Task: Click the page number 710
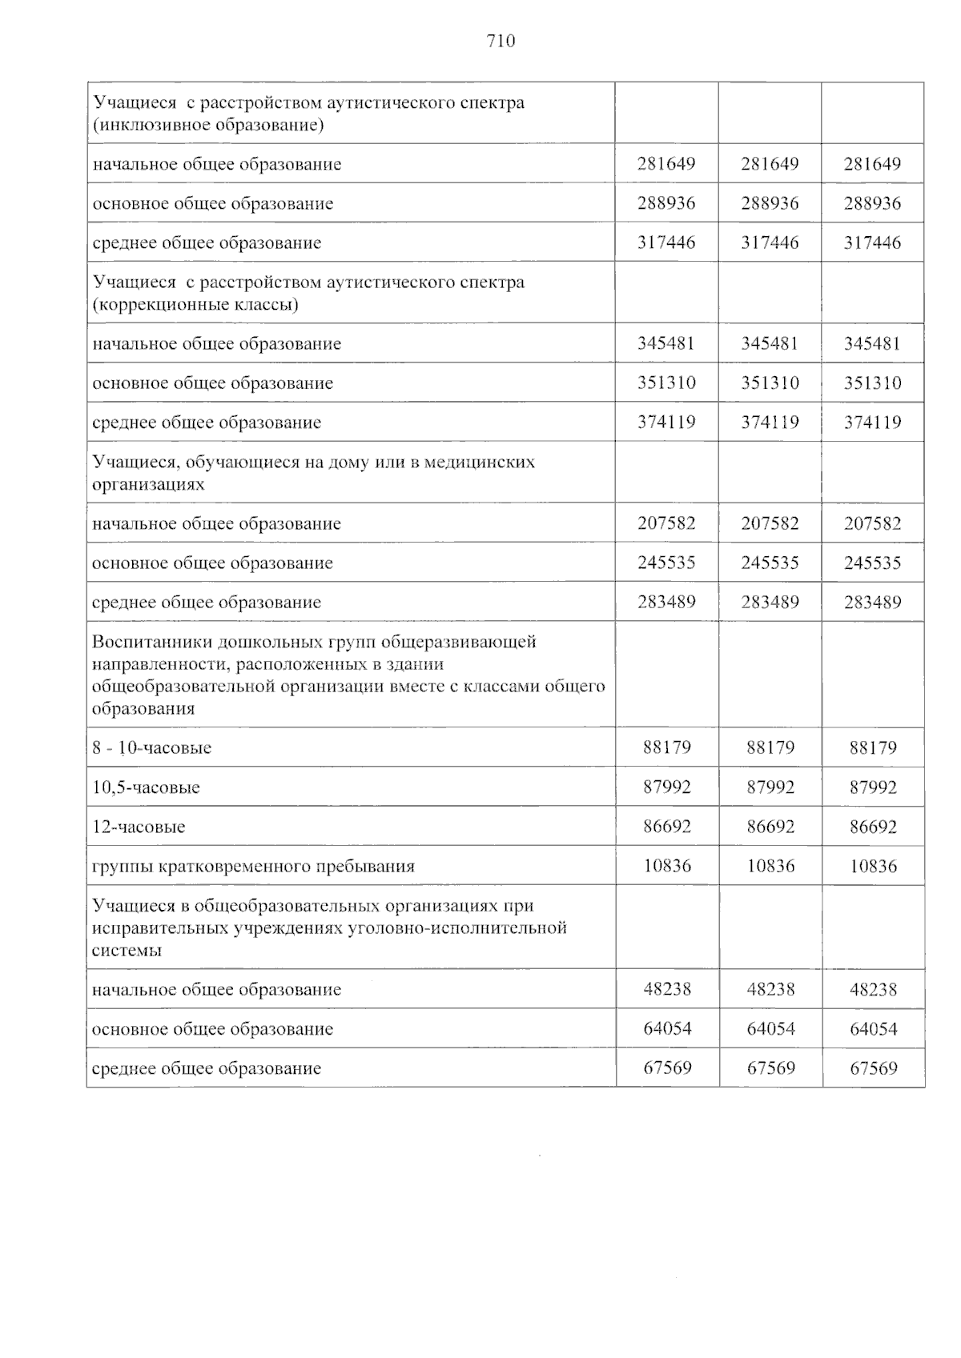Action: [501, 42]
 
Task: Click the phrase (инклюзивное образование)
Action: [208, 126]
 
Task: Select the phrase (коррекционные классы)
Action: [196, 305]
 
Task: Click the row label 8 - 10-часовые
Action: [152, 748]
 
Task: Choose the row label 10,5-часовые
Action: [146, 787]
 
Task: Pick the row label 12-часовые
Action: [139, 827]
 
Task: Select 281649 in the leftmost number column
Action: [666, 164]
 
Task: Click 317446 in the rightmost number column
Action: [872, 242]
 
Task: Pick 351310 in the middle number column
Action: [770, 383]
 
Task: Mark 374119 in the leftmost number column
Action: [666, 422]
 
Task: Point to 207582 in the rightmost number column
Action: [872, 523]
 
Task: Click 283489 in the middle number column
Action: [770, 602]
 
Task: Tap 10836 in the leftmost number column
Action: [667, 866]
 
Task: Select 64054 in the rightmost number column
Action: [874, 1028]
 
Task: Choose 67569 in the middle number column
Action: [770, 1068]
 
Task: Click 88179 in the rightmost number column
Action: [874, 748]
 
